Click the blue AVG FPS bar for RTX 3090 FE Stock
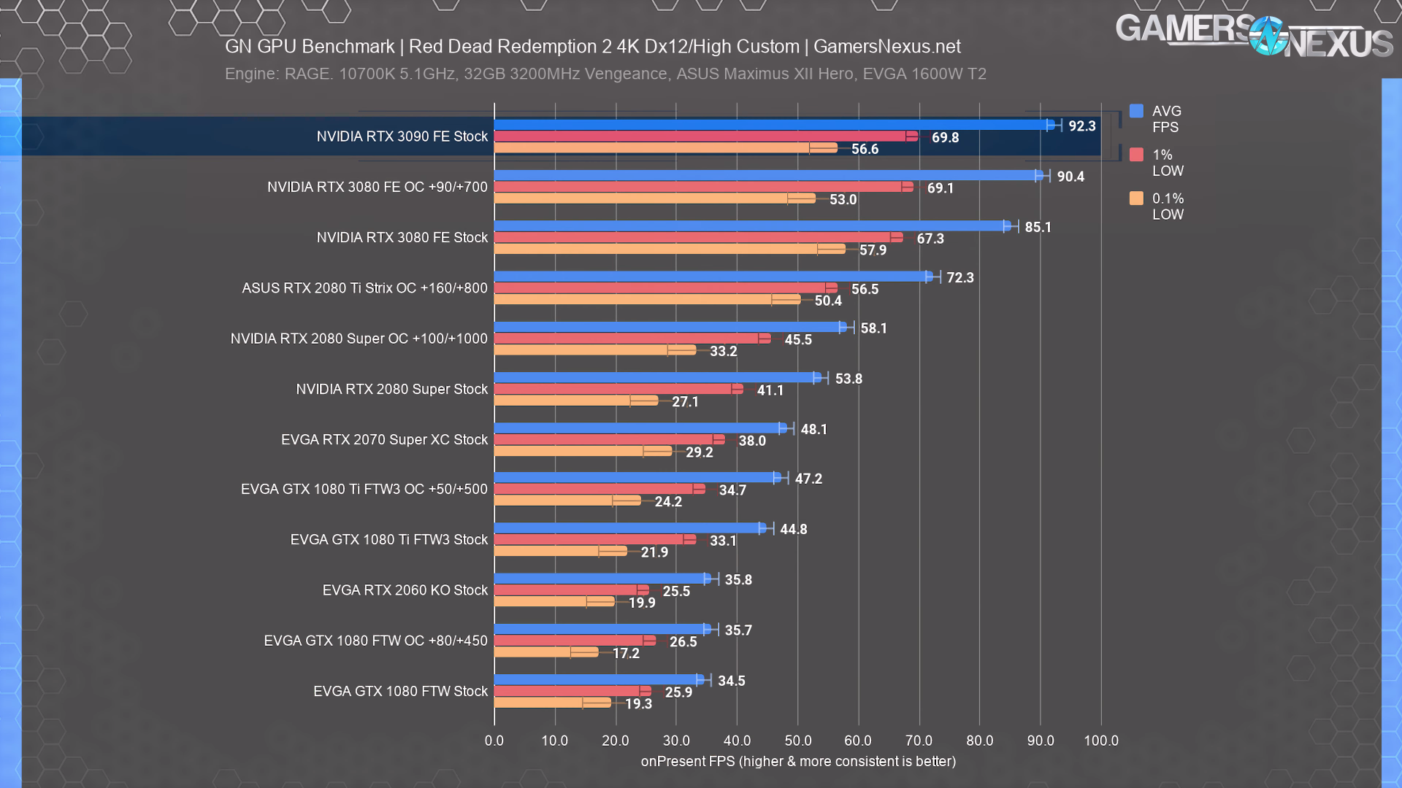click(x=774, y=125)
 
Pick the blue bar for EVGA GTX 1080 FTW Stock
click(x=599, y=680)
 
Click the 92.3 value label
click(x=1081, y=126)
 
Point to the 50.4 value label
click(x=828, y=301)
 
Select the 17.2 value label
click(x=626, y=653)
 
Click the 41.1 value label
click(x=770, y=390)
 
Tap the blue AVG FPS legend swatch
click(x=1136, y=111)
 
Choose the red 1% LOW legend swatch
click(x=1136, y=155)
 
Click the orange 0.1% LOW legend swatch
click(x=1136, y=198)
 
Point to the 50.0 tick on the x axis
click(x=797, y=741)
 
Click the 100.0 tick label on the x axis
click(x=1100, y=741)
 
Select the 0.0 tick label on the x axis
click(x=494, y=741)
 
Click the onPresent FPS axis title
click(x=798, y=761)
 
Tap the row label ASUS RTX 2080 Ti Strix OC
click(x=364, y=288)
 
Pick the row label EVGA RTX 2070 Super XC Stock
click(x=384, y=440)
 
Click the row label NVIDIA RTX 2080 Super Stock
click(x=391, y=390)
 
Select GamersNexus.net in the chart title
click(x=886, y=47)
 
